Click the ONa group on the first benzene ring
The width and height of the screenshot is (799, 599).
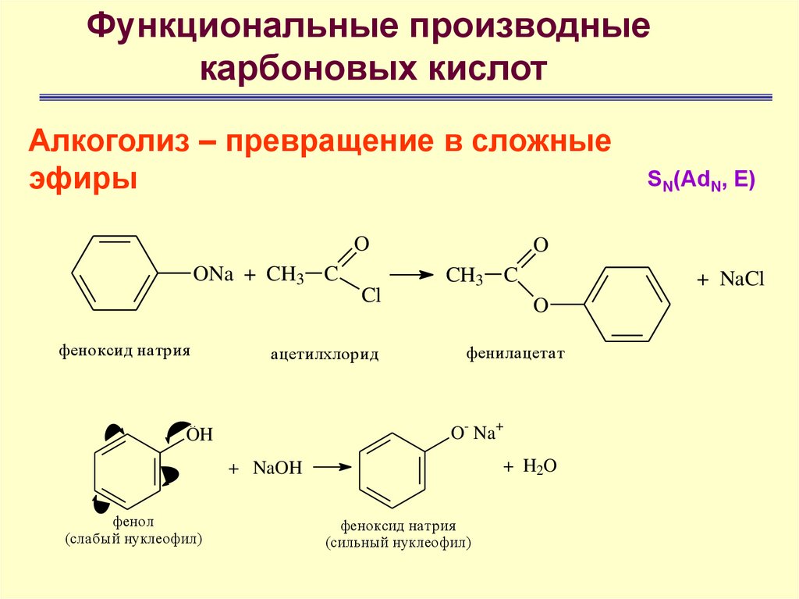coord(213,274)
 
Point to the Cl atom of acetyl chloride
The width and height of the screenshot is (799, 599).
coord(371,297)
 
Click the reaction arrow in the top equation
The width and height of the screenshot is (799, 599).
coord(410,275)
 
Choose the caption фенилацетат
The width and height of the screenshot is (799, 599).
coord(515,354)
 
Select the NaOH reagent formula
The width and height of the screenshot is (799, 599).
coord(277,468)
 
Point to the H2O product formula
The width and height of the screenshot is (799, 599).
coord(539,466)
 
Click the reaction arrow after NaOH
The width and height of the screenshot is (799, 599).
coord(331,467)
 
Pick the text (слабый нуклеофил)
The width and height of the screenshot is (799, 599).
coord(133,539)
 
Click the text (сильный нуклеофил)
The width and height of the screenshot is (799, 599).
coord(398,542)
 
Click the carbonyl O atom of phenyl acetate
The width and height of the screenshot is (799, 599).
coord(541,245)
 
